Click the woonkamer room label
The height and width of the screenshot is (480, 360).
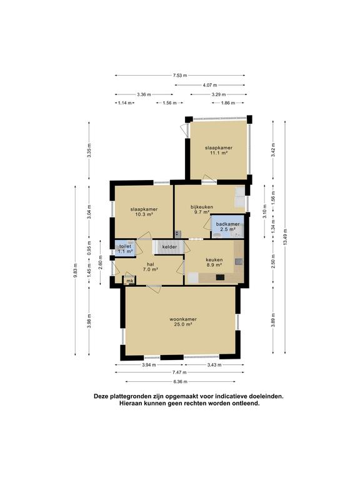tap(183, 319)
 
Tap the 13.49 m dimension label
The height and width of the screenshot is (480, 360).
tap(285, 237)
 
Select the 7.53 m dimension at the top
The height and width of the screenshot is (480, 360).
tap(180, 75)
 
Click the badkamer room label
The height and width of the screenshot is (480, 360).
tap(227, 224)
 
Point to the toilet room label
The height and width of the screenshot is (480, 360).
tap(125, 246)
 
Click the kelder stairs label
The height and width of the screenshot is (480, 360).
tap(169, 247)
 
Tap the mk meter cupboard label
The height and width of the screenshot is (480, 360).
tap(130, 281)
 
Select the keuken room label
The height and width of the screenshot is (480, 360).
tap(214, 260)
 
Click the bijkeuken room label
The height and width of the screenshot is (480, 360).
tap(202, 207)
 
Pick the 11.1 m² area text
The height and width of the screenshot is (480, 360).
tap(219, 152)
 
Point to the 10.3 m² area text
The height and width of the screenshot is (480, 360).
tap(144, 214)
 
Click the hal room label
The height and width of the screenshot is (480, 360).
tap(150, 264)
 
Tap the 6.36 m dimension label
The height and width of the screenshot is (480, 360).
tap(180, 381)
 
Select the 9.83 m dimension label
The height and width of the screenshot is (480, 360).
tap(75, 270)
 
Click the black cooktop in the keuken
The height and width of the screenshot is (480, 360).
tap(220, 277)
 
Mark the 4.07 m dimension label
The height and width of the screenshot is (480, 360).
tap(210, 85)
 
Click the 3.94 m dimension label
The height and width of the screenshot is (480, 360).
tap(149, 364)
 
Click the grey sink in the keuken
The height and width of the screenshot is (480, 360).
tap(239, 262)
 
